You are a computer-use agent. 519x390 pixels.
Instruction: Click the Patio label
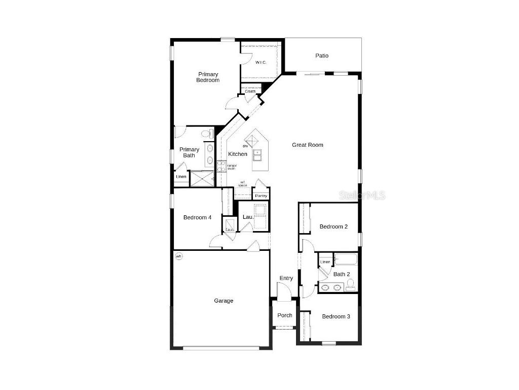coord(322,55)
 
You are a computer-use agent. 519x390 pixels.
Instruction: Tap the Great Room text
coord(307,145)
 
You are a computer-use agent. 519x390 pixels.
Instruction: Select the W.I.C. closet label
coord(261,62)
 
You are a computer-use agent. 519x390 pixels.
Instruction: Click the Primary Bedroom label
coord(208,77)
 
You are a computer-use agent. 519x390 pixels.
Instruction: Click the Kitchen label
coord(238,154)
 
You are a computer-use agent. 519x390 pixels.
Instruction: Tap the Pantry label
coord(261,196)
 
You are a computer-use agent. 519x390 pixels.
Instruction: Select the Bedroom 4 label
coord(197,218)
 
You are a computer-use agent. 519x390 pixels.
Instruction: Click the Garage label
coord(224,301)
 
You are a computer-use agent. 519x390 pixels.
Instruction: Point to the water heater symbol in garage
coord(178,256)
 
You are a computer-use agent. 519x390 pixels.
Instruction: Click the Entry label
coord(286,278)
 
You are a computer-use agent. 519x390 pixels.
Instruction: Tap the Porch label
coord(285,315)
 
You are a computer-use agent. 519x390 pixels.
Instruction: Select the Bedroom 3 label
coord(336,316)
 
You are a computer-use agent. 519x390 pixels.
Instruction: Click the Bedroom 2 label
coord(333,226)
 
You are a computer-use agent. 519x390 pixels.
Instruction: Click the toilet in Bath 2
coord(350,285)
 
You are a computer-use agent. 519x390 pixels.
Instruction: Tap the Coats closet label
coord(250,91)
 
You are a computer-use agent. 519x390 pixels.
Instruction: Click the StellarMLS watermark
coord(362,195)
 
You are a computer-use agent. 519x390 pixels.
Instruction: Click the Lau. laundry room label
coord(248,217)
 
